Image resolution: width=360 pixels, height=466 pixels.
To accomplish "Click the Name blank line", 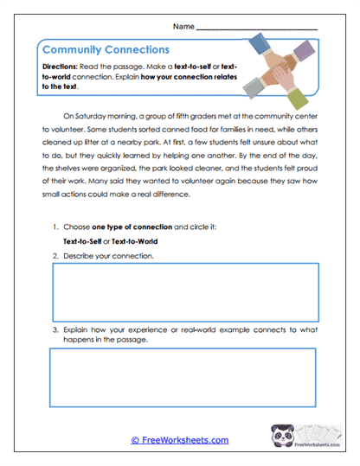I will click(x=257, y=29).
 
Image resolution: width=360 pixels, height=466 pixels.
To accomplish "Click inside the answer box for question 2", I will click(x=185, y=292).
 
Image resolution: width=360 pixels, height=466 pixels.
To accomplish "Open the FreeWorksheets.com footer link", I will click(x=179, y=440).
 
